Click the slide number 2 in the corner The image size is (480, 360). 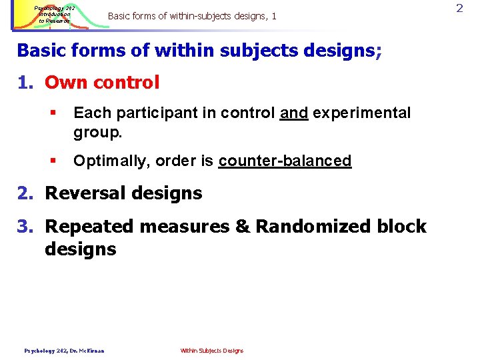459,8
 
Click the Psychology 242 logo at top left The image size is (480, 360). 61,15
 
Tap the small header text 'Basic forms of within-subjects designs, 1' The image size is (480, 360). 191,15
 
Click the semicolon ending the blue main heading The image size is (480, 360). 379,51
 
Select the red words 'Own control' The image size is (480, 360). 102,83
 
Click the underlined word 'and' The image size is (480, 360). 294,113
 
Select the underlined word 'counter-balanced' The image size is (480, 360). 285,161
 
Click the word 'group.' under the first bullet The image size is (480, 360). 98,131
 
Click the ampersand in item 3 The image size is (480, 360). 242,227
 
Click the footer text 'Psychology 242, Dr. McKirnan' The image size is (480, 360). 64,351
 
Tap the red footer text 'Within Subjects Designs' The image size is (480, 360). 212,351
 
